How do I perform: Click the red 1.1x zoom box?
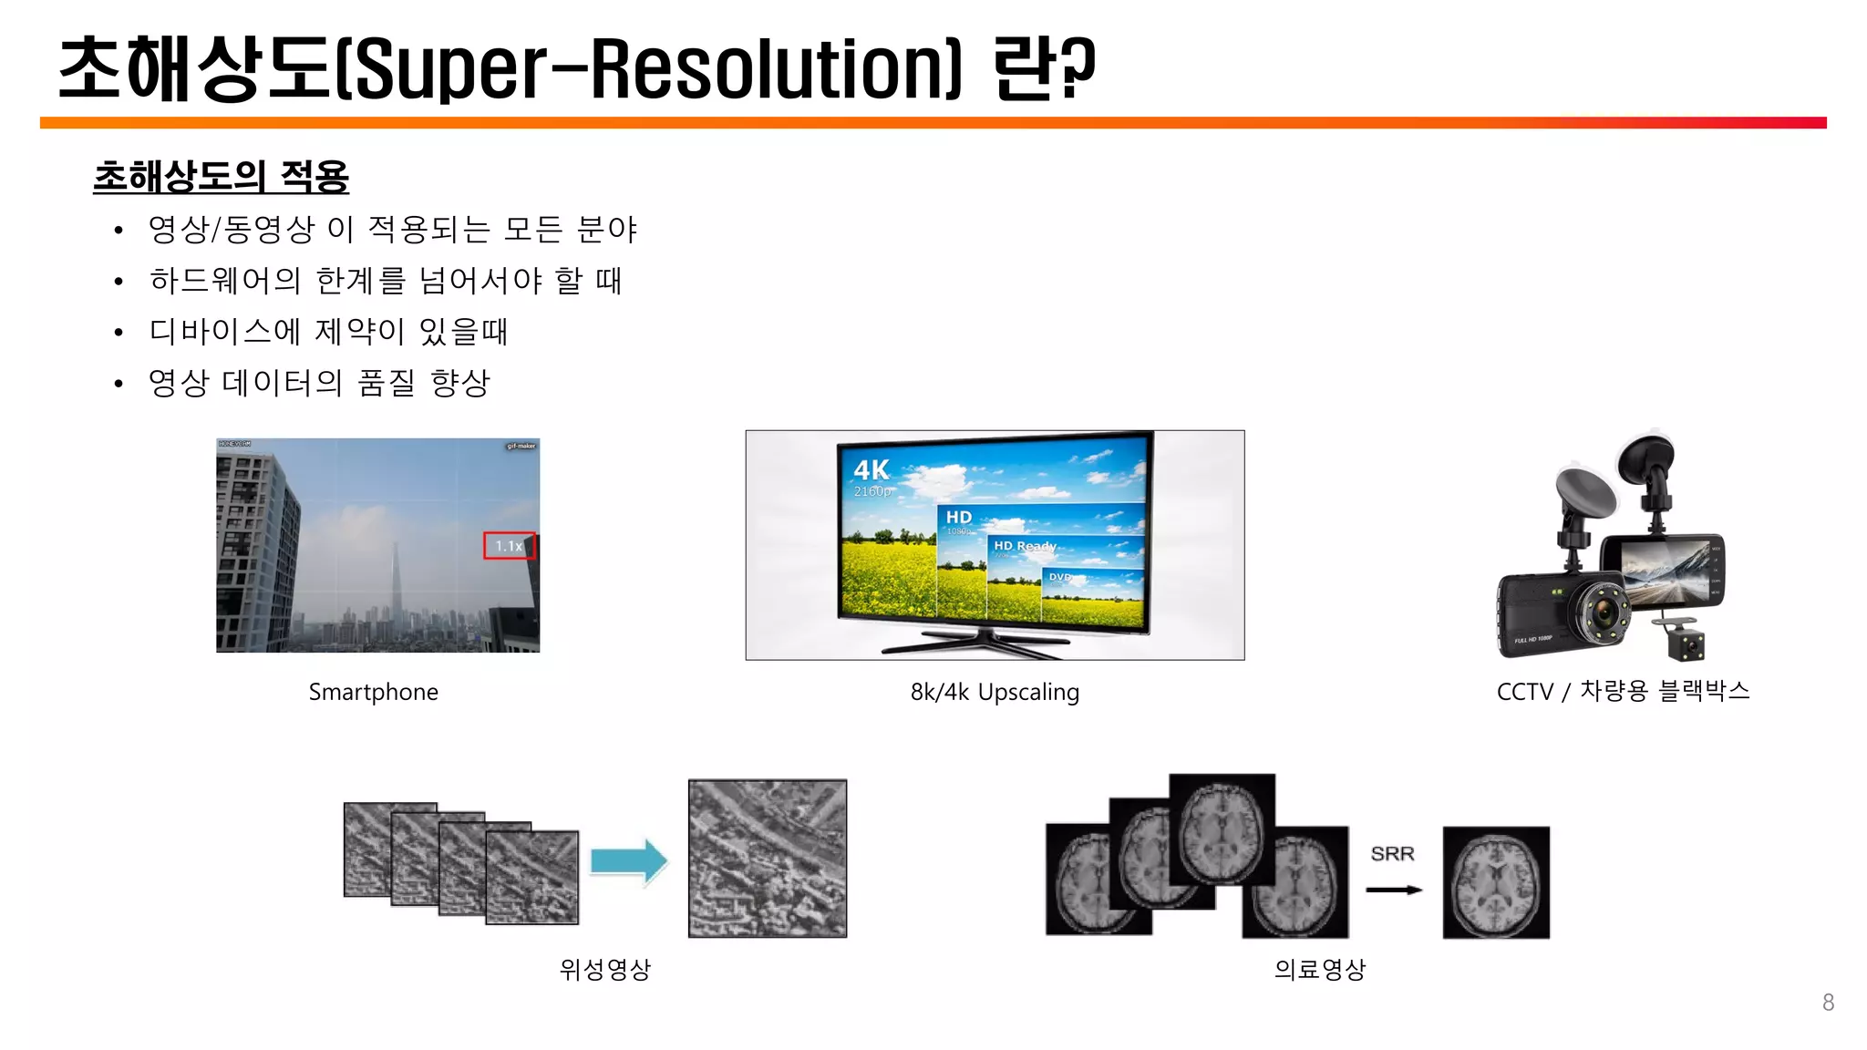[x=509, y=546]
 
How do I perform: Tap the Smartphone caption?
[x=373, y=692]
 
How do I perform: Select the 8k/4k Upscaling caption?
[x=995, y=692]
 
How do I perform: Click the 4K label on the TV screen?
[x=872, y=470]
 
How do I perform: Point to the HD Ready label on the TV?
[x=1024, y=546]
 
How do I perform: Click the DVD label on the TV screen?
[x=1060, y=577]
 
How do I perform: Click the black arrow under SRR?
[x=1394, y=890]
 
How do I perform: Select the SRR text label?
[x=1392, y=854]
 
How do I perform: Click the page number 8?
[x=1828, y=1003]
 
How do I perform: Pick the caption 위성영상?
[x=605, y=969]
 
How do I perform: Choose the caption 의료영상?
[x=1319, y=969]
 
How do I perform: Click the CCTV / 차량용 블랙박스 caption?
[x=1623, y=691]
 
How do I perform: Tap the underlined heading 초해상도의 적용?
[x=221, y=176]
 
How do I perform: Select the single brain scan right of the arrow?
[x=1496, y=882]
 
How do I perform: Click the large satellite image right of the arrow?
[x=768, y=858]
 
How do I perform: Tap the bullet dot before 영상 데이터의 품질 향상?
[x=119, y=385]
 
